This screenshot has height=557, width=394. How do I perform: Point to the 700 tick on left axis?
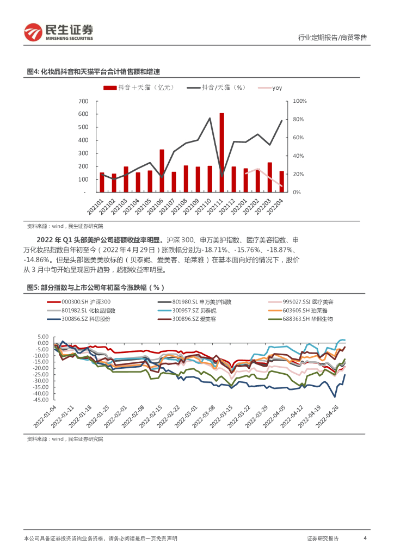click(83, 101)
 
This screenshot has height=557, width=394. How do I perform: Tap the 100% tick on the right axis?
click(300, 101)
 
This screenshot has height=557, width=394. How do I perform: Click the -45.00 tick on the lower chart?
click(43, 400)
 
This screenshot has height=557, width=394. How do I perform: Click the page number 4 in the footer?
click(365, 539)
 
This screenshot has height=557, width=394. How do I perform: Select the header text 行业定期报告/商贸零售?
click(333, 38)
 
